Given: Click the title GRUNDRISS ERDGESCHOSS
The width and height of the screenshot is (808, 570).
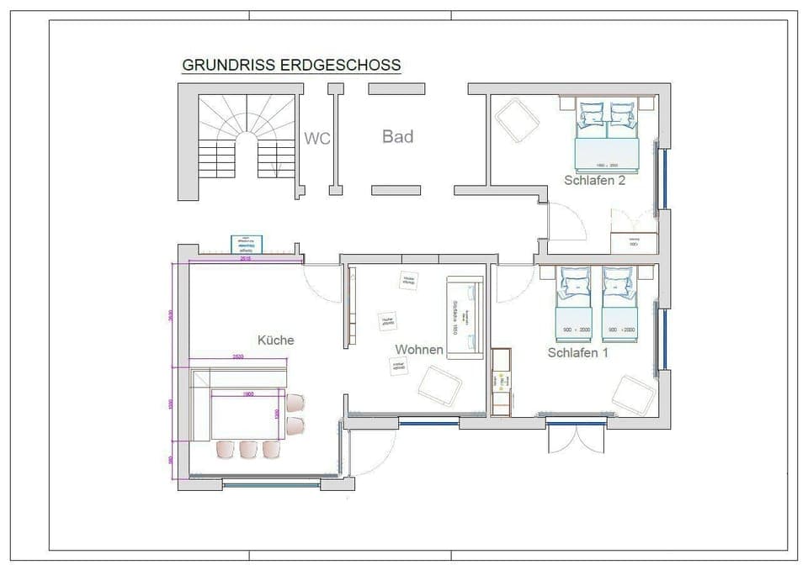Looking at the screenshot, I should (291, 65).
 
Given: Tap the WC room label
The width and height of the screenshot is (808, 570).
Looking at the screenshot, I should (316, 139).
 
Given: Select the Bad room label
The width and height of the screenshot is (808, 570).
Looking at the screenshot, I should (397, 136).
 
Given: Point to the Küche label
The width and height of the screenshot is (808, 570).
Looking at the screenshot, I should (275, 340).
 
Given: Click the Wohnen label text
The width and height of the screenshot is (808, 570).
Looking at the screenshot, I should (418, 349).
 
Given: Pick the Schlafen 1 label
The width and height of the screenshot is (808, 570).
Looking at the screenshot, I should (577, 353).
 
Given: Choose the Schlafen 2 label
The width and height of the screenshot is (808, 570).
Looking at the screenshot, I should (594, 179).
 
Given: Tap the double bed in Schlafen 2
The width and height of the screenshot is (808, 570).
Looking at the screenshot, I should (607, 135).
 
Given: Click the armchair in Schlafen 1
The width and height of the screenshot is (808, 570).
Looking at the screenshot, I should (634, 394).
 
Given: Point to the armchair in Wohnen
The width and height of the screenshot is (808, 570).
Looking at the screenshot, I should (439, 387).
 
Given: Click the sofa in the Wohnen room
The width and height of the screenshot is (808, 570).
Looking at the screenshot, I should (465, 318).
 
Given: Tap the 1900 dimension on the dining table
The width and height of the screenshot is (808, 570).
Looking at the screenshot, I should (248, 393).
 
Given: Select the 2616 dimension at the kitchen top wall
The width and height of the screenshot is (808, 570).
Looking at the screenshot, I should (246, 259).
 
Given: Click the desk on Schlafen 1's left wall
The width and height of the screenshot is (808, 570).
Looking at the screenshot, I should (502, 382).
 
